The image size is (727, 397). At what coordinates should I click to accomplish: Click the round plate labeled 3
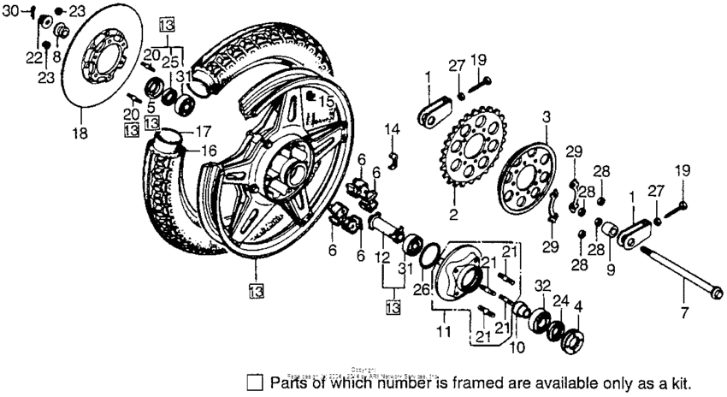pyautogui.click(x=535, y=176)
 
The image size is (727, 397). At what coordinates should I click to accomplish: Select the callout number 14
pyautogui.click(x=392, y=129)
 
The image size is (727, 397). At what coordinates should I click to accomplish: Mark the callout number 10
pyautogui.click(x=512, y=348)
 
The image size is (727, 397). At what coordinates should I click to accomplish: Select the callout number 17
pyautogui.click(x=204, y=133)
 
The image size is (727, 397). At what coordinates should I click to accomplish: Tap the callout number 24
pyautogui.click(x=560, y=300)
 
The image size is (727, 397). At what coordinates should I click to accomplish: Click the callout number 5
pyautogui.click(x=150, y=107)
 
